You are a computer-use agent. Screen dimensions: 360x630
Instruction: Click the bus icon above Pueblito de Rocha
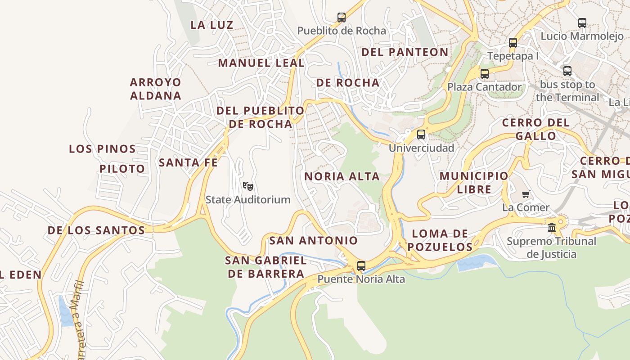coord(342,18)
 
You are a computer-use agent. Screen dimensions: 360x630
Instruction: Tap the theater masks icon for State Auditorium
coord(247,186)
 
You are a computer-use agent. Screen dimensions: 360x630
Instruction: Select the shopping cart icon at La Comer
coord(526,194)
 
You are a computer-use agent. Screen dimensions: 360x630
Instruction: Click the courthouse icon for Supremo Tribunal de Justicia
coord(552,228)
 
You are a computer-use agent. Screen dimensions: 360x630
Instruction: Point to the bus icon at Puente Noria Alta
coord(361,265)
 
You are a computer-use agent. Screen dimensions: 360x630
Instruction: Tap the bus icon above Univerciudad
coord(421,134)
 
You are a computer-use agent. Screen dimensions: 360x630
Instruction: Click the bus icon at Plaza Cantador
coord(484,74)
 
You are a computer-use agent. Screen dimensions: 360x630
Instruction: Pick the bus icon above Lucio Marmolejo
coord(582,22)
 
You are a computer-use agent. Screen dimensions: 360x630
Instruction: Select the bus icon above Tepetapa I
coord(513,43)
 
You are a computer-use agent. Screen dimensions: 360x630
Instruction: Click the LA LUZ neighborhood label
coord(211,25)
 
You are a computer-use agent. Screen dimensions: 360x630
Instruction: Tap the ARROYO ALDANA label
coord(156,89)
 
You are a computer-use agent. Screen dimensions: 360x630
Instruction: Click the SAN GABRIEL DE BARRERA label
coord(266,267)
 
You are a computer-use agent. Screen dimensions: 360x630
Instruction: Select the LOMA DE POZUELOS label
coord(440,240)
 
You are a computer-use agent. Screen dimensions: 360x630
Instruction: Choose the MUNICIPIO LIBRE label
coord(474,182)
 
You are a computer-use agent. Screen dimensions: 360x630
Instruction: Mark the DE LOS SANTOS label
coord(96,230)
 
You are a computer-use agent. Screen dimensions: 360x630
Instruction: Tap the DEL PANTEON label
coord(405,52)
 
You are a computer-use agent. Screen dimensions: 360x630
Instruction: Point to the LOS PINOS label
coord(102,149)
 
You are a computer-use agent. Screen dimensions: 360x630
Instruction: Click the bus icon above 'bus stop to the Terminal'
coord(567,71)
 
